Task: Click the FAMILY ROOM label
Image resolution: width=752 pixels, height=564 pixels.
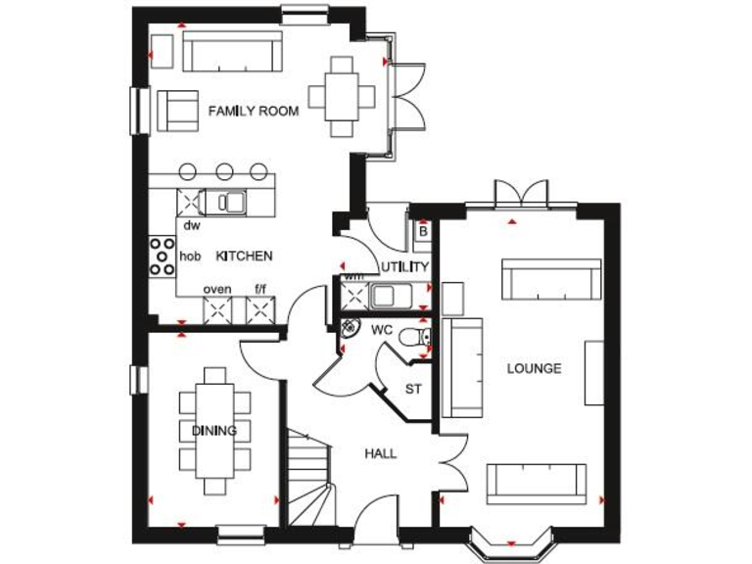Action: (x=253, y=112)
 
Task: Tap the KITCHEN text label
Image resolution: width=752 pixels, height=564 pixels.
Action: (x=244, y=256)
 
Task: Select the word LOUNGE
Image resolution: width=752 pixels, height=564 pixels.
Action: (x=534, y=369)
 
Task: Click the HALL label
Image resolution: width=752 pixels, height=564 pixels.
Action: (x=381, y=453)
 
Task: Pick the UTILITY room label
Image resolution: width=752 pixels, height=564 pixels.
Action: (x=405, y=266)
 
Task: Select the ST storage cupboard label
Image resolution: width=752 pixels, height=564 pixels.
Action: (x=413, y=389)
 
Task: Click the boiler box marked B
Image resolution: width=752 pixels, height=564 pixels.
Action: (x=423, y=232)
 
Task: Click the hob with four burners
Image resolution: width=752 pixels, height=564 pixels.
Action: (x=160, y=257)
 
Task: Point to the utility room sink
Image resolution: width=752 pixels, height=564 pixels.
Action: (x=385, y=294)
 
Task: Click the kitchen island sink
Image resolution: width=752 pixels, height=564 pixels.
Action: (x=233, y=202)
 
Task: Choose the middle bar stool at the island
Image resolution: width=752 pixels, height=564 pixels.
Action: (x=224, y=171)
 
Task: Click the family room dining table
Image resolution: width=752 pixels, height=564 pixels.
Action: (x=341, y=95)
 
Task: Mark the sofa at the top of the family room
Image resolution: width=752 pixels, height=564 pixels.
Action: (x=232, y=50)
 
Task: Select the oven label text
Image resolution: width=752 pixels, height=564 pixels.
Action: (x=216, y=290)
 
